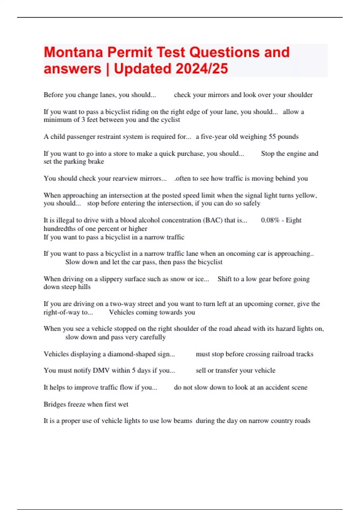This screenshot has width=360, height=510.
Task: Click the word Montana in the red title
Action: [x=73, y=52]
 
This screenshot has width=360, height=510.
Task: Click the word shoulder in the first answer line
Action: [x=300, y=95]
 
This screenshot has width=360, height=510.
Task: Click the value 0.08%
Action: [x=270, y=220]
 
